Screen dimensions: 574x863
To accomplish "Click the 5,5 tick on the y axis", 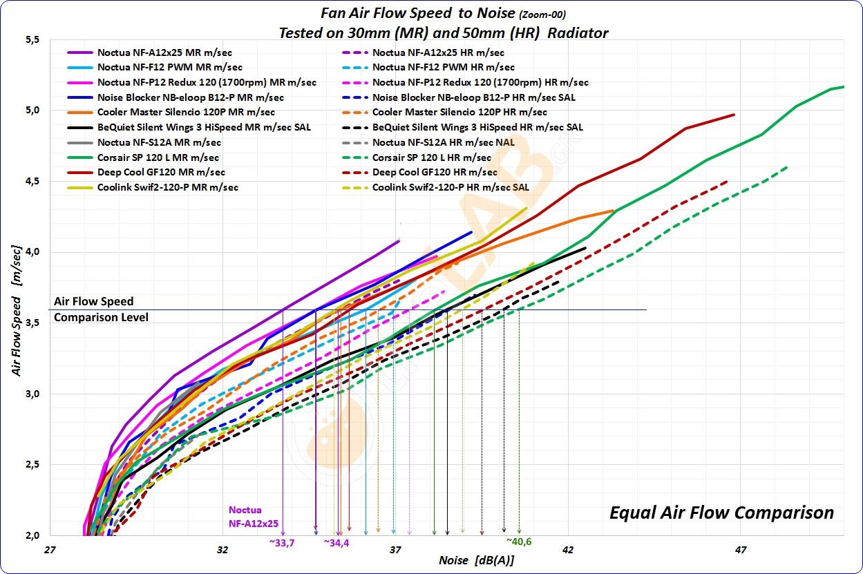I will pyautogui.click(x=30, y=40).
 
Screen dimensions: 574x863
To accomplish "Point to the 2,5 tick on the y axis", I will pyautogui.click(x=30, y=464).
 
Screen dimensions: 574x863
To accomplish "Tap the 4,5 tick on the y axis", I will pyautogui.click(x=30, y=181).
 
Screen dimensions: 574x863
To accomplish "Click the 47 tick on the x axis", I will pyautogui.click(x=740, y=551).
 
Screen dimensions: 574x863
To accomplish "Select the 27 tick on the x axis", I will pyautogui.click(x=49, y=551).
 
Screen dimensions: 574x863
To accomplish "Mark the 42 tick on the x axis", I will pyautogui.click(x=567, y=551).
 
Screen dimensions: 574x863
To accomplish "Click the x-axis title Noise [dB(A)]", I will pyautogui.click(x=476, y=560).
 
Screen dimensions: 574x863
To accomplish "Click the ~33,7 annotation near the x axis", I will pyautogui.click(x=282, y=543).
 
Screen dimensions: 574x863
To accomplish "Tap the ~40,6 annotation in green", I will pyautogui.click(x=518, y=542).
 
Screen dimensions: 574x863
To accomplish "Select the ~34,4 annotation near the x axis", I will pyautogui.click(x=336, y=543).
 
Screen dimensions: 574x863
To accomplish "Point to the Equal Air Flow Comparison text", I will pyautogui.click(x=721, y=513).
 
